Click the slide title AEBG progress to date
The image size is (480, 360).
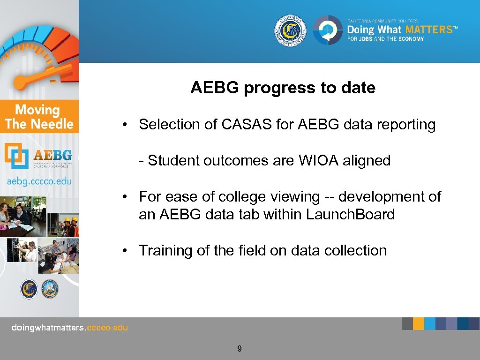(283, 88)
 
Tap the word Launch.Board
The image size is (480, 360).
(350, 214)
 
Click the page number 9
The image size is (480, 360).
(240, 348)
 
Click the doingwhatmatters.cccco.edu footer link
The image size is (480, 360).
(69, 328)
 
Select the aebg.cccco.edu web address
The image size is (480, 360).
(39, 181)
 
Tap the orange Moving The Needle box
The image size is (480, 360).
(39, 117)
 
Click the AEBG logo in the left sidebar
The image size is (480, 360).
(39, 156)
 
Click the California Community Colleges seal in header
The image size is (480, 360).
(290, 30)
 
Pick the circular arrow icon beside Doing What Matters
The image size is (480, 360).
(328, 30)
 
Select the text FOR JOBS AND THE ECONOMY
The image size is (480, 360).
(385, 39)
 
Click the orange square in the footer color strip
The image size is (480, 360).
(419, 323)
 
